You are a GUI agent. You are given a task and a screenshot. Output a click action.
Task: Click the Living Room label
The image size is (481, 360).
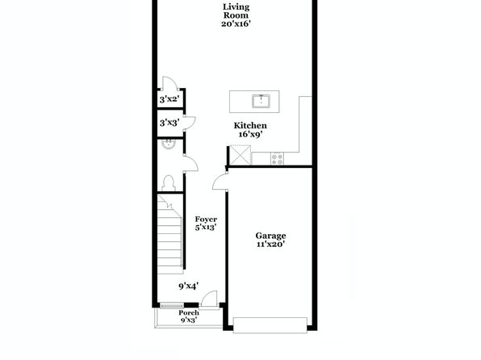[x=236, y=11]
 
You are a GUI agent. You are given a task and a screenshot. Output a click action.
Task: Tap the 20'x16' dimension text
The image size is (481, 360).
[x=236, y=23]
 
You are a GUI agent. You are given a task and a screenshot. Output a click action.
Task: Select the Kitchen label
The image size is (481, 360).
[x=250, y=126]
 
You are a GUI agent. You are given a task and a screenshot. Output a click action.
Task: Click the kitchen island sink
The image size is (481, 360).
[x=261, y=101]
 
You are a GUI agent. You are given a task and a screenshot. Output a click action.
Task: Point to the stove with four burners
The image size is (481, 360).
[x=278, y=159]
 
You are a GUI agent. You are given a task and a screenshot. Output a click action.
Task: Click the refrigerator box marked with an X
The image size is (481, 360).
[x=240, y=155]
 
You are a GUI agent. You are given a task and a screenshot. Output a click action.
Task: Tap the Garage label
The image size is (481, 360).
[x=270, y=236]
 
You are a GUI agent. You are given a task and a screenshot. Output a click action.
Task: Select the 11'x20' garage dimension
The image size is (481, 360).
[x=270, y=245]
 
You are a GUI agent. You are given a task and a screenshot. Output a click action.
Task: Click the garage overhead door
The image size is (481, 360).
[x=270, y=325]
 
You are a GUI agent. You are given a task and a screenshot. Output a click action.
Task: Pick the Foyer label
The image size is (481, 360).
[x=206, y=219]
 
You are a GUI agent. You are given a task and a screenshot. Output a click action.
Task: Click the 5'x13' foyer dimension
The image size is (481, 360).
[x=206, y=228]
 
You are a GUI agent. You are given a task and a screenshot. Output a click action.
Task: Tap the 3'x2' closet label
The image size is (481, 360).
[x=169, y=99]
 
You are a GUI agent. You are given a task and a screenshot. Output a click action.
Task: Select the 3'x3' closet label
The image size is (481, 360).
[x=169, y=123]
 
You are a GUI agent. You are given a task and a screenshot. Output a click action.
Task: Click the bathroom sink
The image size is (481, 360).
[x=168, y=144]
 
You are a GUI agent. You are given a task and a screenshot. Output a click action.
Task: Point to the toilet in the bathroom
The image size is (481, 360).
[x=169, y=183]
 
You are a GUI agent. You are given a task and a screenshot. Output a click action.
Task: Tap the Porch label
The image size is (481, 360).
[x=189, y=312]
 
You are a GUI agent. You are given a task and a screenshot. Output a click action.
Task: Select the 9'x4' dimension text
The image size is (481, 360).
[x=188, y=287]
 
